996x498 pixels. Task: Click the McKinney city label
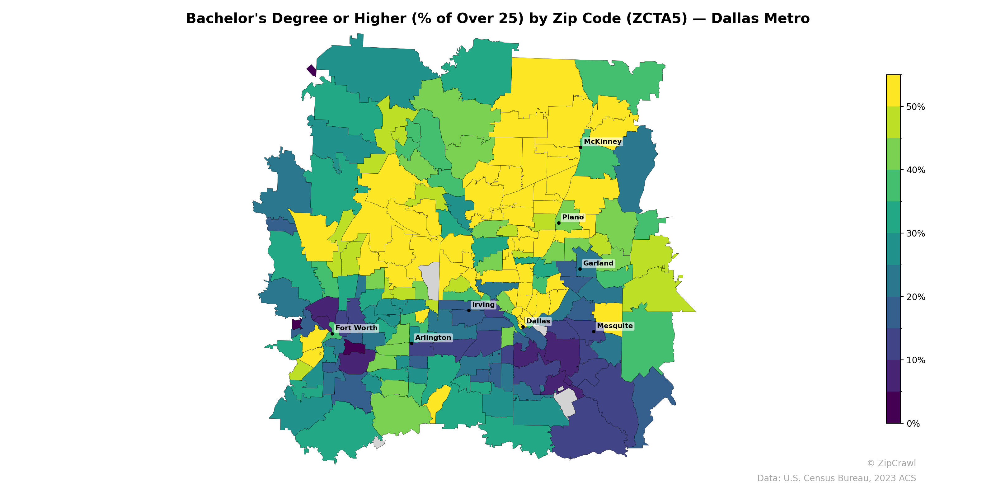[x=602, y=142]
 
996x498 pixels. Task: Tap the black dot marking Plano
[x=559, y=223]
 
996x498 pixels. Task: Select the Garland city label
[x=598, y=263]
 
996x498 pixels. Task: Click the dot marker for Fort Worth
[x=332, y=334]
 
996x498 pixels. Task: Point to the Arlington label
[x=433, y=337]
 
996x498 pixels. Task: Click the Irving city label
[x=483, y=305]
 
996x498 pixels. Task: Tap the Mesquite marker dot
[x=594, y=332]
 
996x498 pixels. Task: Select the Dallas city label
[x=538, y=321]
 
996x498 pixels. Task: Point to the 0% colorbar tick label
[x=913, y=424]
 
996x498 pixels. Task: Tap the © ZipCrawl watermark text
[x=891, y=463]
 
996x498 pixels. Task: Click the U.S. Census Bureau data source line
[x=836, y=478]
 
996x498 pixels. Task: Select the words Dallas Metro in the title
[x=760, y=19]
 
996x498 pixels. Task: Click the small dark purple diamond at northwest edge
[x=312, y=70]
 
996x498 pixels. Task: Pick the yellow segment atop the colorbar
[x=893, y=91]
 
